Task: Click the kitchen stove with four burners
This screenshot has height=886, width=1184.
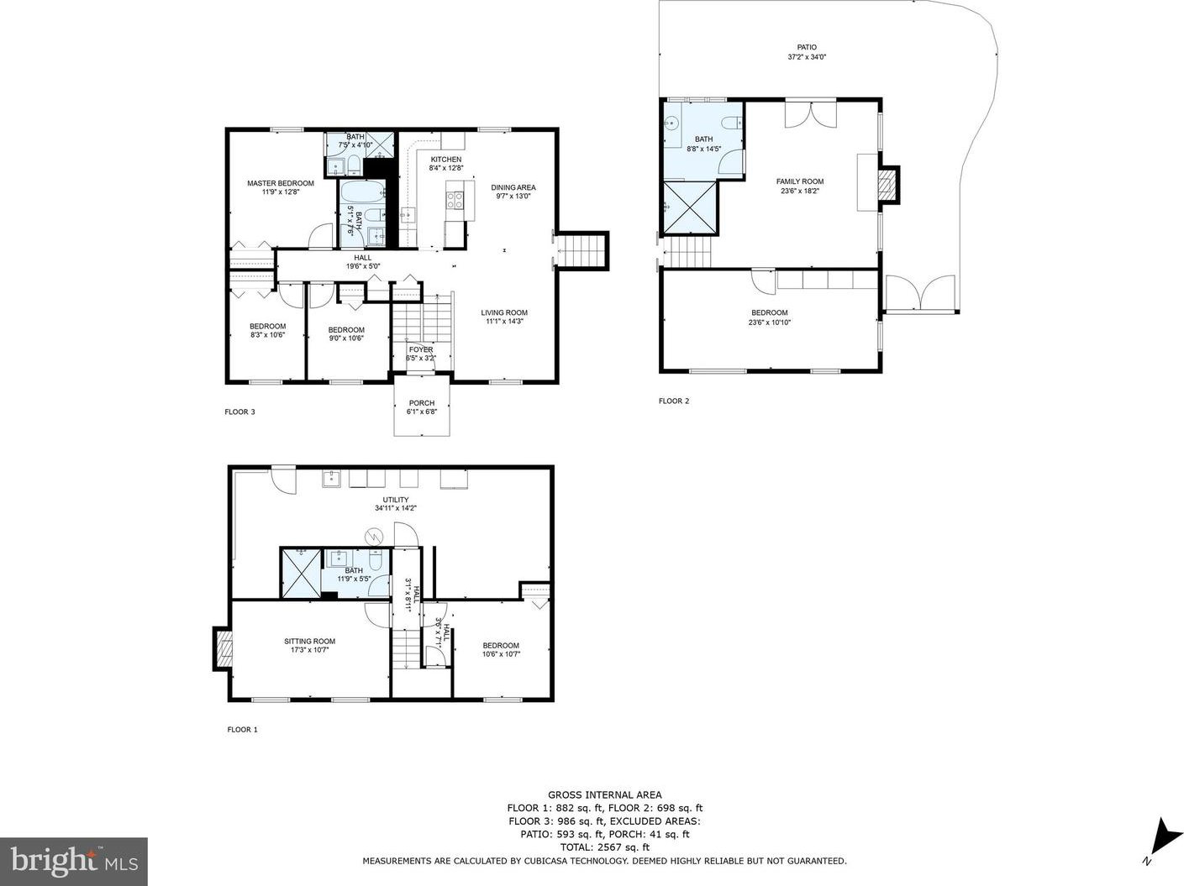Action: (455, 201)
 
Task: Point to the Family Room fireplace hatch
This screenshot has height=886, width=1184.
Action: (888, 185)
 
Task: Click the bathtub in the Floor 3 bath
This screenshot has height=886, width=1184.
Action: (362, 191)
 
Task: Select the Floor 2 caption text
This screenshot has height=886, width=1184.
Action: (674, 401)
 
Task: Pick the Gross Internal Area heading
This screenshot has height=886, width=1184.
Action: (605, 795)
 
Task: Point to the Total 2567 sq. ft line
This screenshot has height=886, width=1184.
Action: (605, 847)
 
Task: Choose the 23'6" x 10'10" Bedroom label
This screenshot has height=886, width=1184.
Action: (769, 317)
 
